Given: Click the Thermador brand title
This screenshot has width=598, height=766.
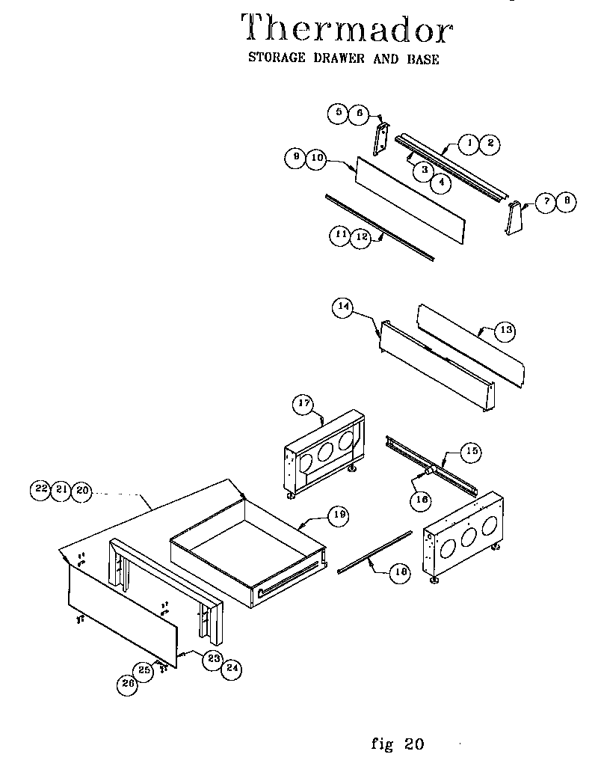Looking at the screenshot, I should (x=347, y=30).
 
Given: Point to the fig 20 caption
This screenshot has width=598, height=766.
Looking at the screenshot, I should (x=397, y=744).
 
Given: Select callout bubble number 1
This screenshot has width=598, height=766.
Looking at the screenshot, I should (x=469, y=142).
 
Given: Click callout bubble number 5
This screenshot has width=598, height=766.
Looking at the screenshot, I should (x=339, y=114).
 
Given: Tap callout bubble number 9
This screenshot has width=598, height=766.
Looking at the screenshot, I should (x=295, y=158).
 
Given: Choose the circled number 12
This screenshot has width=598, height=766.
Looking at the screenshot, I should (x=361, y=236).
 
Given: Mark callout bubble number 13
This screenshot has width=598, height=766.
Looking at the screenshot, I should (x=506, y=329).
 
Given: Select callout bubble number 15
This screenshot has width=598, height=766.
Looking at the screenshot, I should (x=472, y=451).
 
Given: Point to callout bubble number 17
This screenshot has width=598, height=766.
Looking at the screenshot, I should (x=303, y=405).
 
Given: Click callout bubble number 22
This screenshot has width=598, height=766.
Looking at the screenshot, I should (x=40, y=490).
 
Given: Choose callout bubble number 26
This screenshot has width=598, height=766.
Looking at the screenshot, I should (x=128, y=684).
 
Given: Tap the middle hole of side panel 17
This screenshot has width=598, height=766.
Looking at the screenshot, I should (x=325, y=452).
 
